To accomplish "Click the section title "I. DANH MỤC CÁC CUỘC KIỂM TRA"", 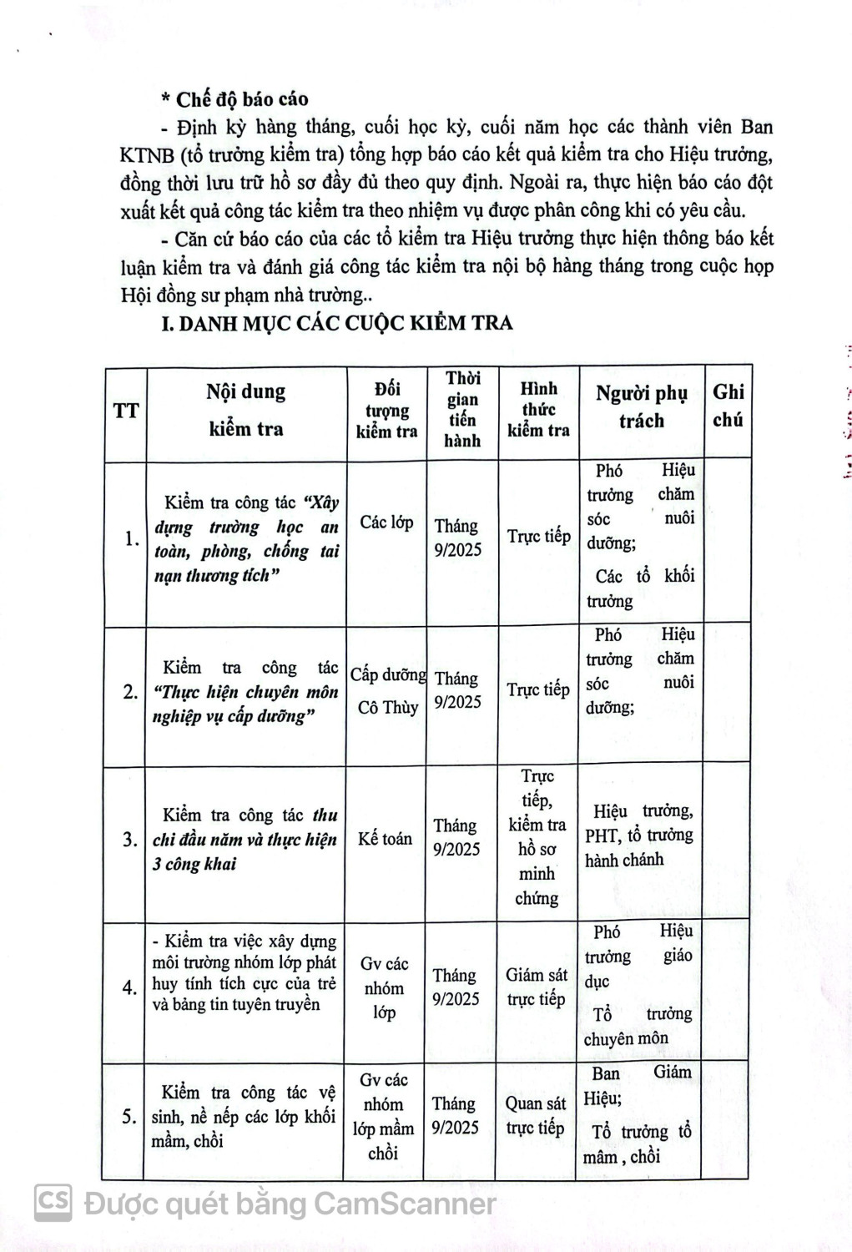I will pos(337,322).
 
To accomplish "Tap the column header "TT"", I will pos(125,411).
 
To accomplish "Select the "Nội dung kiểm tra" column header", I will pos(245,410).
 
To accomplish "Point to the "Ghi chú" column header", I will pos(728,406).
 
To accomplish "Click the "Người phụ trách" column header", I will pos(641,407).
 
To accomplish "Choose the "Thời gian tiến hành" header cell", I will pos(462,409).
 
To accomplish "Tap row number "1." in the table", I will pos(131,538).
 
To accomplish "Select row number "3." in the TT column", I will pos(130,840).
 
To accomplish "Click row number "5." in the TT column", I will pos(129,1116).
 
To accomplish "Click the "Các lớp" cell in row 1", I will pos(386,523).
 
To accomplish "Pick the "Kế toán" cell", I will pos(385,839).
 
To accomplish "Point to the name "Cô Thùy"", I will pos(387,707).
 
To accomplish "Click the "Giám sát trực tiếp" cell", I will pos(537,987).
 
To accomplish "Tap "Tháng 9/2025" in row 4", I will pos(456,987).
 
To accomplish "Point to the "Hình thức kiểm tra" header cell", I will pos(538,409).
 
